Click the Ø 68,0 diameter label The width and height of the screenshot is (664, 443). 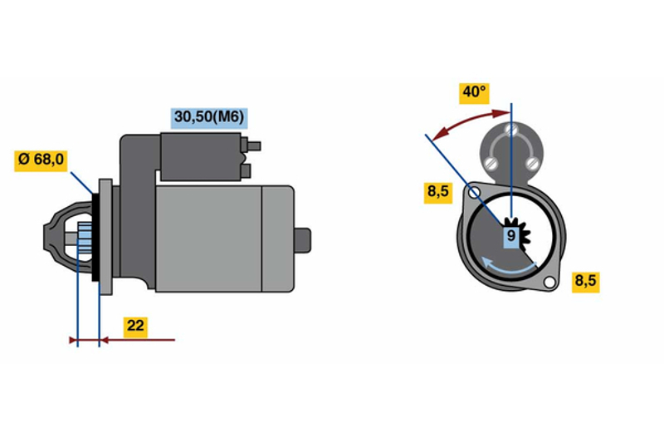tap(41, 160)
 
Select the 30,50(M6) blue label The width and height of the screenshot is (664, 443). tap(209, 117)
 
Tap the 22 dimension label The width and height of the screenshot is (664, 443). tap(135, 326)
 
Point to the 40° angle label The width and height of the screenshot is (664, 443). tap(474, 93)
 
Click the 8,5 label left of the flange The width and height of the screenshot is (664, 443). tap(438, 193)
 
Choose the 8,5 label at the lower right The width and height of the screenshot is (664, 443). tap(586, 281)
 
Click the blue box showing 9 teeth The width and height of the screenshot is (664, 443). tap(511, 236)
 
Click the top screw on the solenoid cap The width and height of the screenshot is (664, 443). tap(511, 129)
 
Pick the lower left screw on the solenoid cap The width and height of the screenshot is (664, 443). tap(491, 162)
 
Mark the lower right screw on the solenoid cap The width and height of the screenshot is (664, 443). tap(532, 162)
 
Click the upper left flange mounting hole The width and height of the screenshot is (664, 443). tap(474, 193)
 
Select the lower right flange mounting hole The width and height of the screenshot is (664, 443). tap(549, 282)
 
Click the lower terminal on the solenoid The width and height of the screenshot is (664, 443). tap(246, 171)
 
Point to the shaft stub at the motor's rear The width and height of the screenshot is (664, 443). tap(303, 240)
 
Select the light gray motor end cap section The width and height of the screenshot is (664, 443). tap(278, 239)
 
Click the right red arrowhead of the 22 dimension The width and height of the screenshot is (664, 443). tap(105, 340)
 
